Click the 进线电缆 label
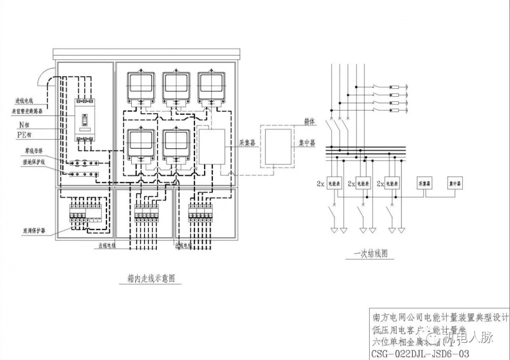click(x=24, y=100)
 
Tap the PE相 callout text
click(x=23, y=135)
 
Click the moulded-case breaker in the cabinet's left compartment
click(x=85, y=121)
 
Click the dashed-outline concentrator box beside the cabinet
click(x=277, y=146)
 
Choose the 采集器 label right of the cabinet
click(x=246, y=143)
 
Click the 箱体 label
click(x=309, y=122)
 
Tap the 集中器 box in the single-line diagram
click(x=454, y=183)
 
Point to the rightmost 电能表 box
click(x=391, y=183)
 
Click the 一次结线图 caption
click(x=373, y=254)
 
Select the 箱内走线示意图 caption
click(x=151, y=278)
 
